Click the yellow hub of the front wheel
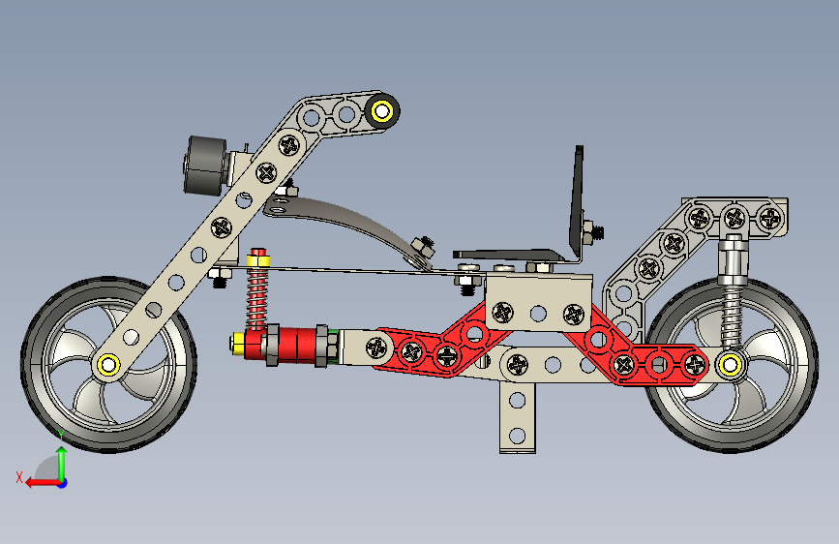108,365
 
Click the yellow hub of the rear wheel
730,366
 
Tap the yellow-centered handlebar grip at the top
382,111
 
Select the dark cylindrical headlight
205,166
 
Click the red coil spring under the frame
256,296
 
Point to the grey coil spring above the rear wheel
732,315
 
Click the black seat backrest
577,202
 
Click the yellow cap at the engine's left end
238,344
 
